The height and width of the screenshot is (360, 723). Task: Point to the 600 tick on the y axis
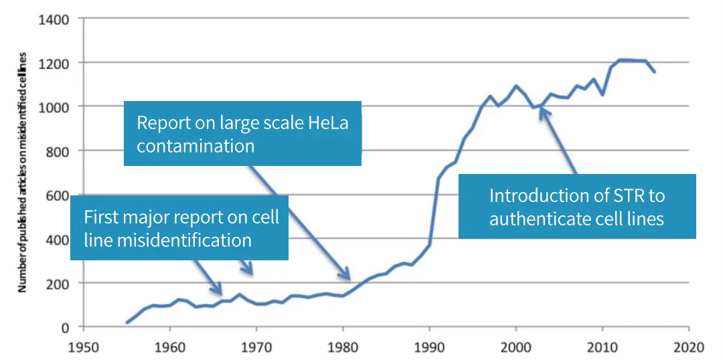click(56, 195)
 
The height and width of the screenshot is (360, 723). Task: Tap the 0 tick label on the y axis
click(65, 327)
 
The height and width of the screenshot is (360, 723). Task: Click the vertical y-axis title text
click(22, 172)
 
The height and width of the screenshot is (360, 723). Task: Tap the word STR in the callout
click(630, 195)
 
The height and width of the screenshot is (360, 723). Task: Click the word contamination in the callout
click(195, 146)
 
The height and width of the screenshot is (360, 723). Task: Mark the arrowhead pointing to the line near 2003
click(542, 111)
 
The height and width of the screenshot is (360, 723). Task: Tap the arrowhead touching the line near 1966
click(219, 290)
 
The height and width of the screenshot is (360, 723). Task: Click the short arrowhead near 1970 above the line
click(250, 272)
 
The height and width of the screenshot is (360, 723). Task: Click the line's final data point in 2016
click(654, 72)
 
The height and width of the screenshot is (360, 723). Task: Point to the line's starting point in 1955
click(127, 323)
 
